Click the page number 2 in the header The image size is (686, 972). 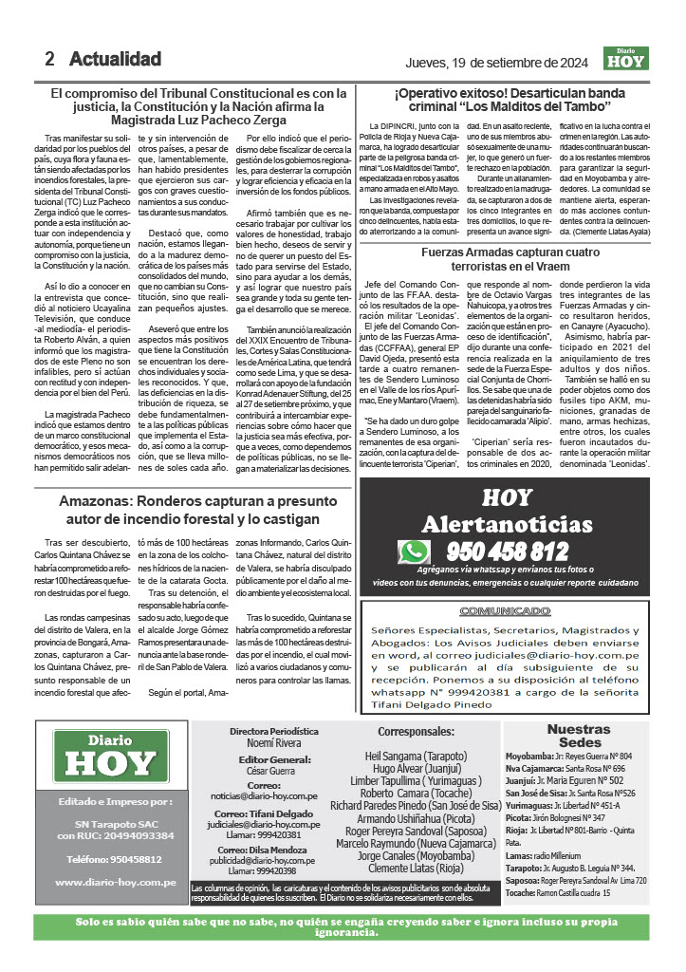tap(49, 59)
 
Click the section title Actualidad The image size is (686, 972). tap(115, 59)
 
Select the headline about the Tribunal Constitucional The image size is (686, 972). tap(199, 107)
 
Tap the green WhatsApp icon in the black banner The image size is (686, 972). tap(414, 552)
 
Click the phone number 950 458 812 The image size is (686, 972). tap(508, 551)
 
